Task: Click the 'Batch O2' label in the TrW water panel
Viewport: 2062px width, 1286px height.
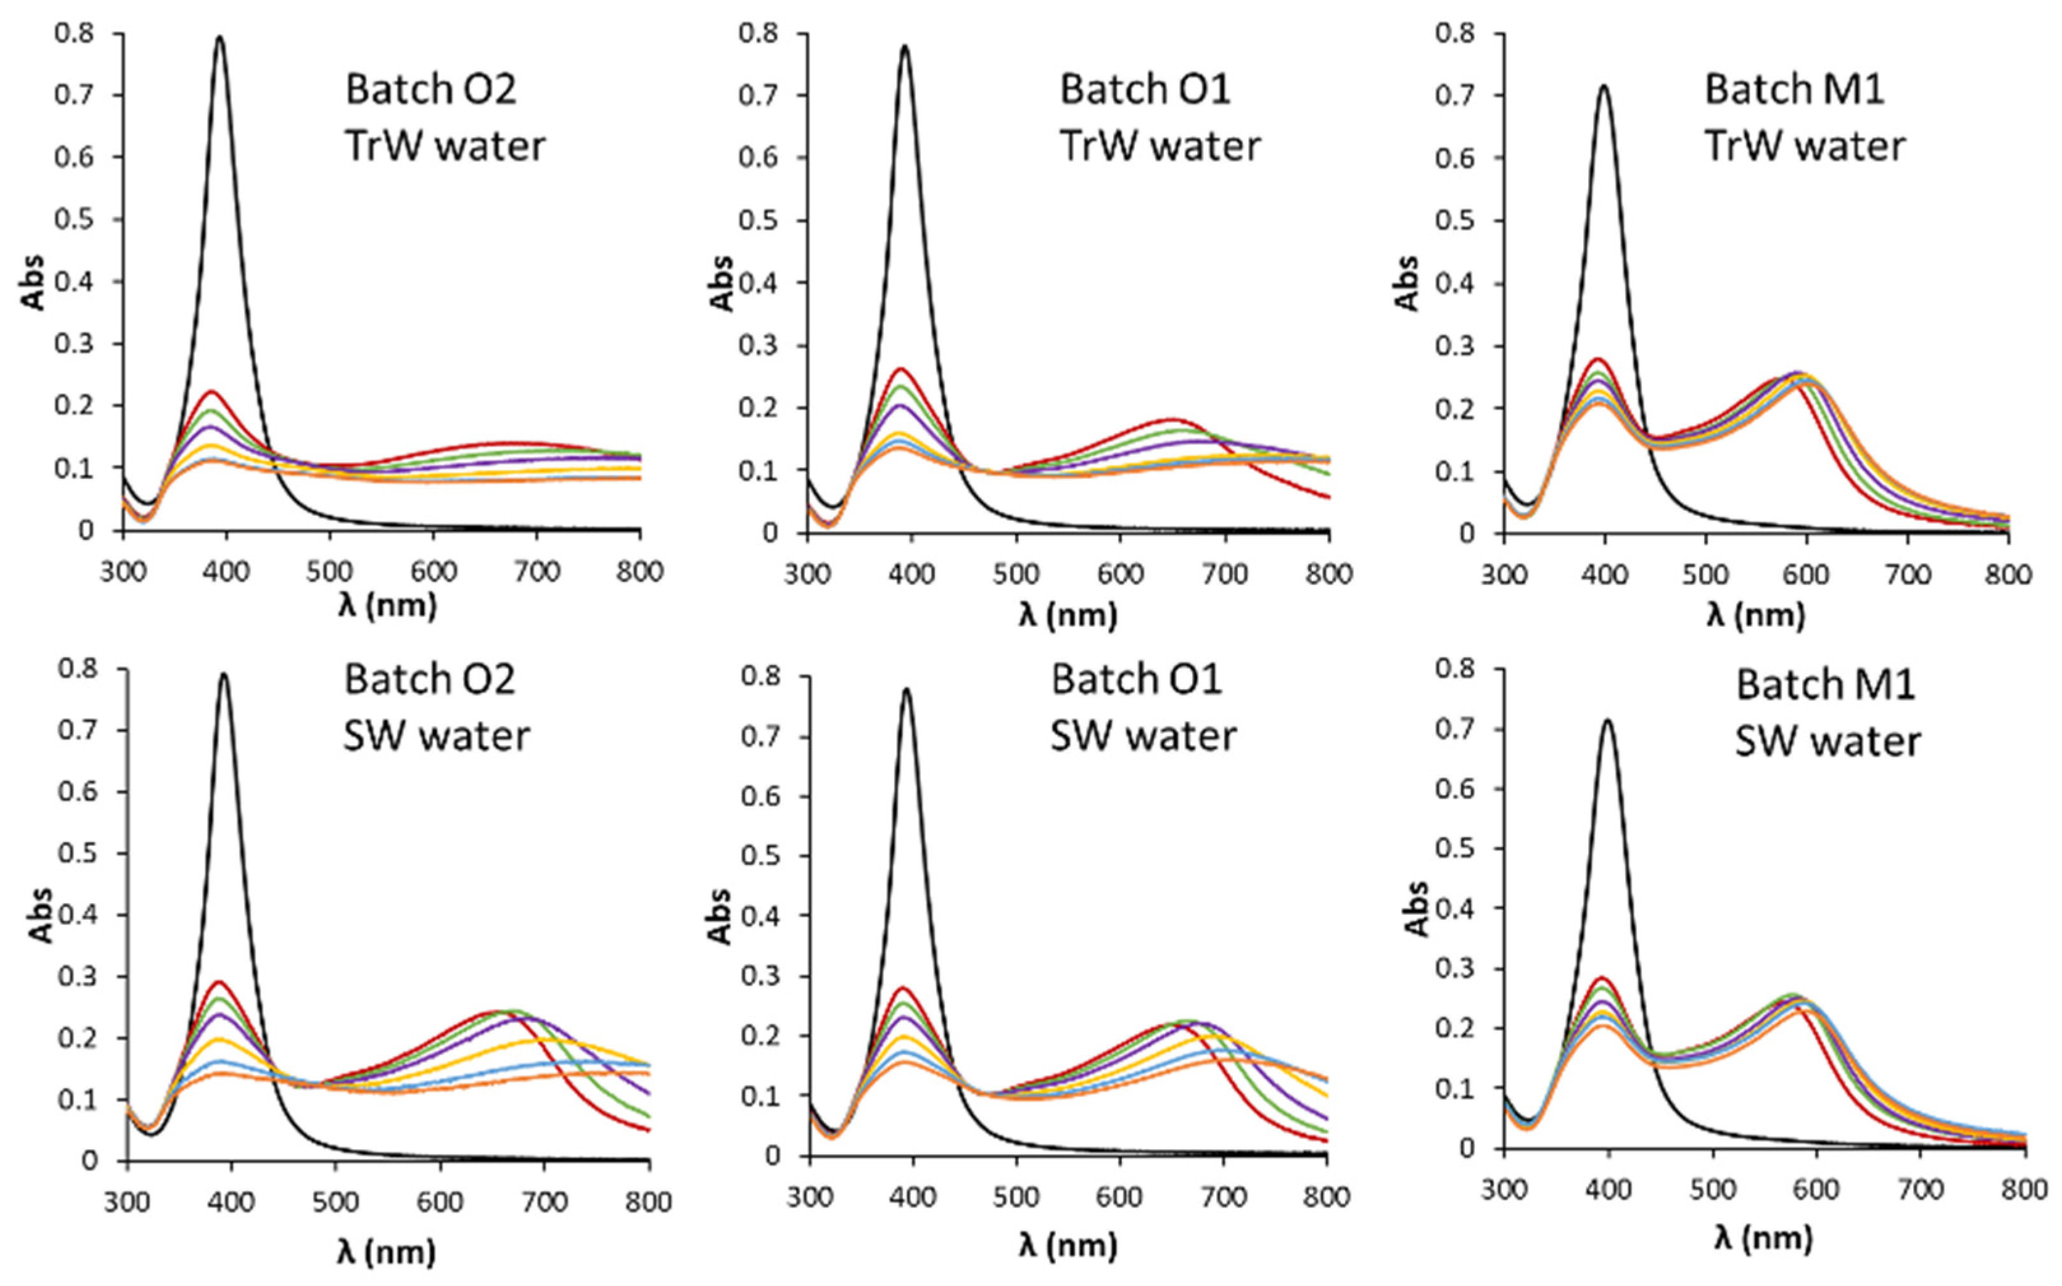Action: click(x=430, y=89)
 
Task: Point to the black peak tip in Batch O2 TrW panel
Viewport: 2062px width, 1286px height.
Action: click(x=220, y=38)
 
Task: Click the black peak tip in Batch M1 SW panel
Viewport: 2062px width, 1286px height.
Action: click(x=1607, y=720)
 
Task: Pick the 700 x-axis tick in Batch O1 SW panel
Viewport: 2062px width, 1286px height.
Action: click(x=1223, y=1197)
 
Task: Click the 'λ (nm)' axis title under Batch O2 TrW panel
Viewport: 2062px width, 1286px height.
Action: click(x=387, y=606)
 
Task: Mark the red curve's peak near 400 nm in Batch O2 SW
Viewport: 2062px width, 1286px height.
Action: click(x=224, y=982)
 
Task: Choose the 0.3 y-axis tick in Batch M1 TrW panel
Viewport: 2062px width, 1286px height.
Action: click(x=1455, y=346)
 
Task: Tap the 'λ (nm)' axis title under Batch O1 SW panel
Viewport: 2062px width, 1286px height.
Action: click(x=1067, y=1246)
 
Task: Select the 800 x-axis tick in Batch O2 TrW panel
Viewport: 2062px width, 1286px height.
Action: click(x=639, y=571)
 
